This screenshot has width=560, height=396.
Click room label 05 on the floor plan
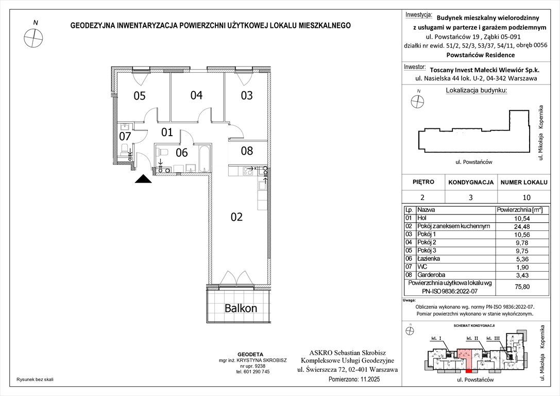click(x=140, y=95)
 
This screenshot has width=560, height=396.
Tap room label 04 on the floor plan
click(x=196, y=95)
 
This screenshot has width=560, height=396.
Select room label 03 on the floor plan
click(x=247, y=95)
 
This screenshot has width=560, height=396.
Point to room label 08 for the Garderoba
click(x=247, y=151)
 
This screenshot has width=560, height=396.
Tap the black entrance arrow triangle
click(x=143, y=179)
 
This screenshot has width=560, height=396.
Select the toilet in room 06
click(x=163, y=152)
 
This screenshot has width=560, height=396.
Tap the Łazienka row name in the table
click(x=429, y=258)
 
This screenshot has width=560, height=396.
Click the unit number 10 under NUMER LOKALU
click(x=521, y=197)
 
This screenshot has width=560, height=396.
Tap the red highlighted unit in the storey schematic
click(x=465, y=356)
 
